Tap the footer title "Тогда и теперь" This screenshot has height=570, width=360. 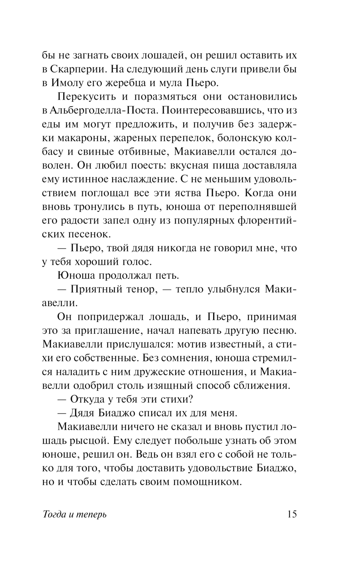75,515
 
